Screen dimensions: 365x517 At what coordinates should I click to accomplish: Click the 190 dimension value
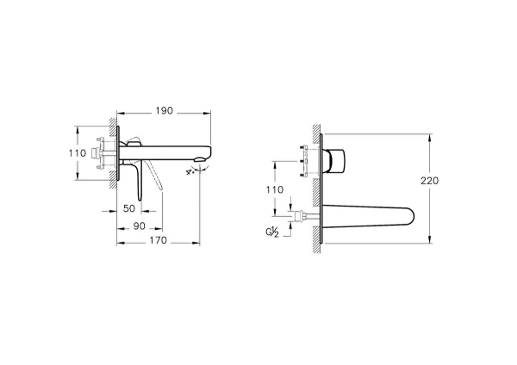[164, 110]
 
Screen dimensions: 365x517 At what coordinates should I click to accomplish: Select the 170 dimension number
[156, 243]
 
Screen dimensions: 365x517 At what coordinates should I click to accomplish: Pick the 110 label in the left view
[77, 153]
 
